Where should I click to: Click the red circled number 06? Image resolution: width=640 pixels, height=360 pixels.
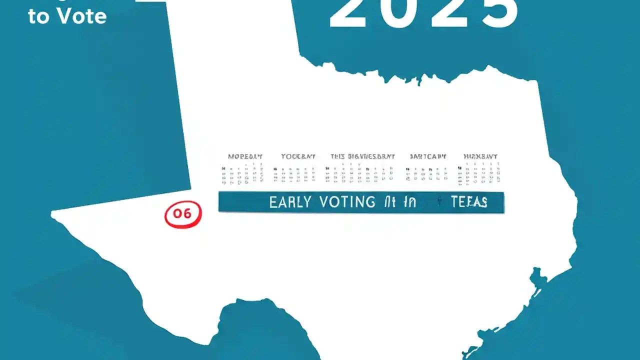pyautogui.click(x=182, y=213)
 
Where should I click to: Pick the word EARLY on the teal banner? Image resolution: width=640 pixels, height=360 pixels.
pyautogui.click(x=290, y=202)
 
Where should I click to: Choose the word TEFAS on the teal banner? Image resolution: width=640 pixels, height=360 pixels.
pyautogui.click(x=469, y=202)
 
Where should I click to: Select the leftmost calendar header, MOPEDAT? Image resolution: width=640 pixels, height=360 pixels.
pyautogui.click(x=245, y=156)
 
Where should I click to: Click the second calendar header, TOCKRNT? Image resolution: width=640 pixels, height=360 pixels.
pyautogui.click(x=298, y=156)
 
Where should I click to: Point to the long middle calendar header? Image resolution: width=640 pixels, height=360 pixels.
pyautogui.click(x=363, y=156)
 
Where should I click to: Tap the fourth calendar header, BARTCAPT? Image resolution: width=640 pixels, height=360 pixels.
pyautogui.click(x=428, y=156)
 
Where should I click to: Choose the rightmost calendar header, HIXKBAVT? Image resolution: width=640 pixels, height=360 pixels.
pyautogui.click(x=480, y=156)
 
